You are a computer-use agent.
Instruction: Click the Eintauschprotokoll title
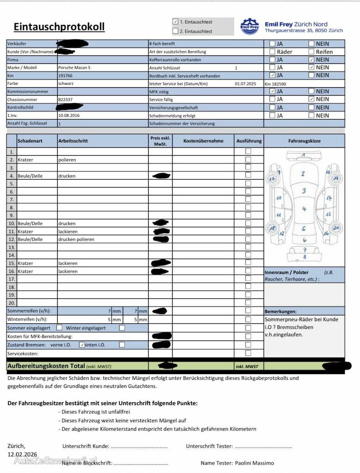point(59,27)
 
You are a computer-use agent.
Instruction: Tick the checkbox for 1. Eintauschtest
point(175,22)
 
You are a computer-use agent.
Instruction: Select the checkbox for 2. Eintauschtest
point(175,31)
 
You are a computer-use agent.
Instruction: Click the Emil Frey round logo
point(250,27)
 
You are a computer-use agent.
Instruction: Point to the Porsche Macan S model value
point(74,68)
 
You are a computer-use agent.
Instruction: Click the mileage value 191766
point(65,76)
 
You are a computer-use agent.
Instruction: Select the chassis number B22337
point(65,99)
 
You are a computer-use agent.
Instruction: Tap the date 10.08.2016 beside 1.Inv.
point(69,115)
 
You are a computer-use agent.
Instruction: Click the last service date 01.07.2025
point(245,84)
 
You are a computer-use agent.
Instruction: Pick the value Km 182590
point(276,84)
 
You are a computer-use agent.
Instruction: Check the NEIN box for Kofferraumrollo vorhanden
point(312,60)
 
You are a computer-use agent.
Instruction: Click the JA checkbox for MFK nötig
point(272,91)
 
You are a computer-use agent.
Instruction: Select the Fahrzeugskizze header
point(304,141)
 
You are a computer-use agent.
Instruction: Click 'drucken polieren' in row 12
point(76,239)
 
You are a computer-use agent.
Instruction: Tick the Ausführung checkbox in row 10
point(248,223)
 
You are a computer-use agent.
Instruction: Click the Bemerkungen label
point(281,312)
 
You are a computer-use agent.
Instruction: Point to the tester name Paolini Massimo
point(254,463)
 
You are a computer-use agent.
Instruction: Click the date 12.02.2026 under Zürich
point(22,455)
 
